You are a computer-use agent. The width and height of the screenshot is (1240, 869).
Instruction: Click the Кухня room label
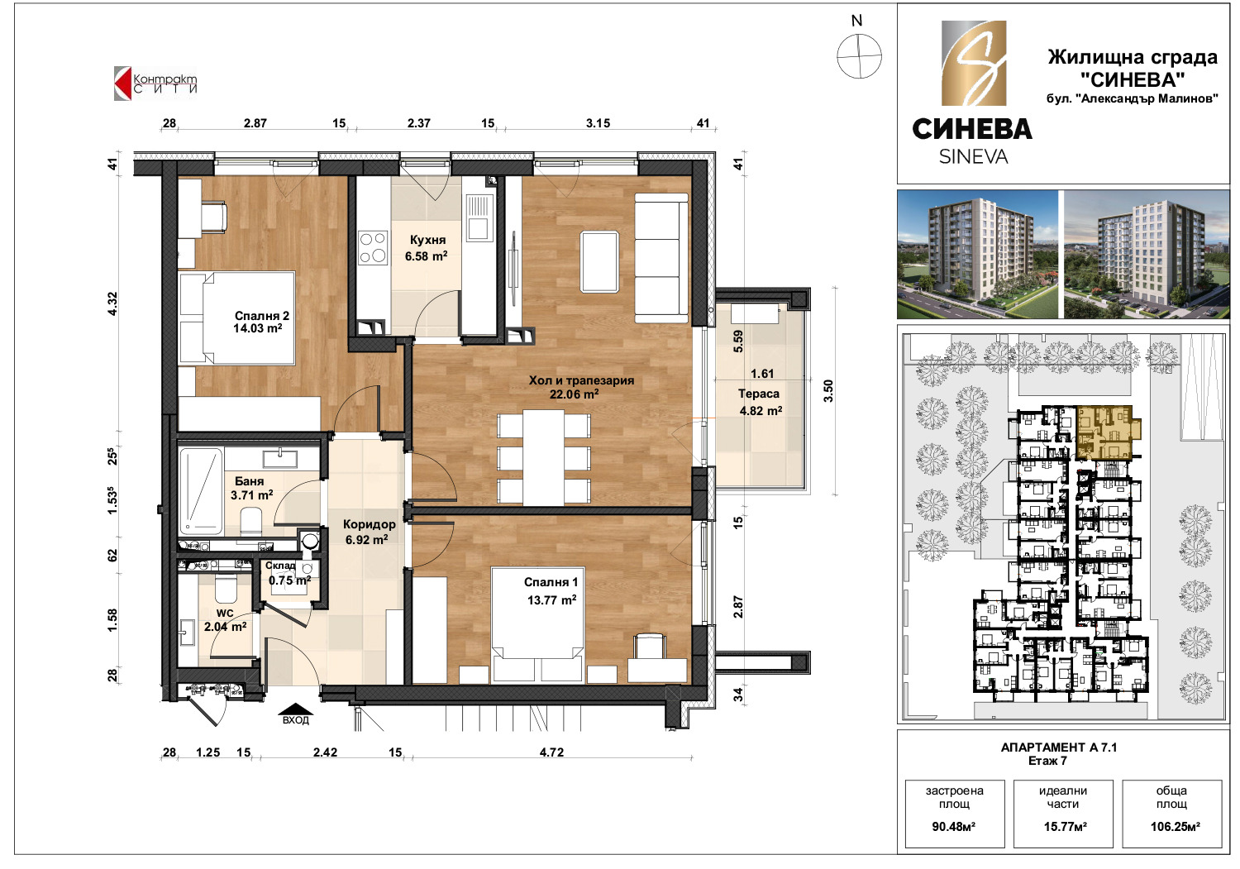click(x=427, y=240)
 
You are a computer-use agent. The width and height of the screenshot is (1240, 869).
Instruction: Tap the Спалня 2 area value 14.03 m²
click(x=257, y=328)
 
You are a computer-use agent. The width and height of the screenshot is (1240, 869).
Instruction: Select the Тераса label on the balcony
click(x=758, y=394)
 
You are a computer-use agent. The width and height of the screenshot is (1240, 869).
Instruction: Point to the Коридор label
click(x=370, y=524)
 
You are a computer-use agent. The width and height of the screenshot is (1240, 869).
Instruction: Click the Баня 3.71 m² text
click(x=251, y=488)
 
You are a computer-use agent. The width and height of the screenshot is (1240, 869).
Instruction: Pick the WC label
click(x=225, y=614)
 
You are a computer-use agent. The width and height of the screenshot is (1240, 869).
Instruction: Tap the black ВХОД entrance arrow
click(x=296, y=709)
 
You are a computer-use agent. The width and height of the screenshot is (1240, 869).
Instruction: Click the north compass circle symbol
click(x=859, y=56)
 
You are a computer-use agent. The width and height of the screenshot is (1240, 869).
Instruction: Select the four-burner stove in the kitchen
click(x=373, y=247)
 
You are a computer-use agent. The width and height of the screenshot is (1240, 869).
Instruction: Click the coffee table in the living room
click(x=599, y=261)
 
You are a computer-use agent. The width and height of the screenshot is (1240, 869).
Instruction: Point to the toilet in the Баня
click(x=251, y=521)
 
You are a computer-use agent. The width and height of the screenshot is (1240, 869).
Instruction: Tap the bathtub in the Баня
click(x=200, y=490)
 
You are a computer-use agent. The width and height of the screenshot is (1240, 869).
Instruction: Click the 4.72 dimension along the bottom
click(x=551, y=752)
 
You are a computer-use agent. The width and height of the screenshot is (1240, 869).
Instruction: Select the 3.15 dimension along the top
click(x=598, y=123)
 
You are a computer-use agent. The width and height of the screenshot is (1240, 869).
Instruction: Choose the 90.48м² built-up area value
click(x=953, y=827)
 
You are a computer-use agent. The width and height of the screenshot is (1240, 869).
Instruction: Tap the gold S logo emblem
click(x=974, y=63)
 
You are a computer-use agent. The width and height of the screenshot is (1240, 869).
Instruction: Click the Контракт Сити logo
click(x=155, y=84)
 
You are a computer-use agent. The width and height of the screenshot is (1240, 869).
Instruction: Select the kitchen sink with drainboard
click(x=478, y=217)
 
